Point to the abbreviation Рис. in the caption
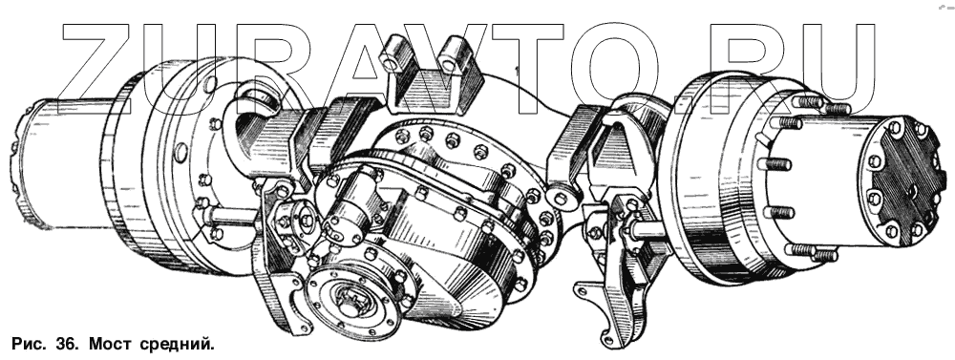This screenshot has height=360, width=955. point(28,345)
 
